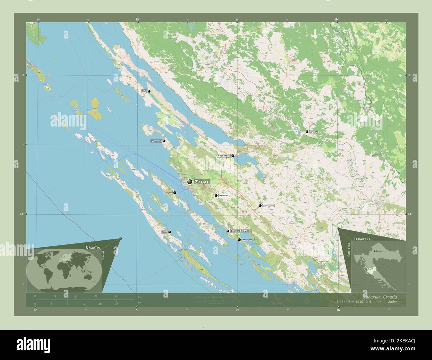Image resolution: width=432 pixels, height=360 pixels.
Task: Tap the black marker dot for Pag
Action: pyautogui.click(x=149, y=91)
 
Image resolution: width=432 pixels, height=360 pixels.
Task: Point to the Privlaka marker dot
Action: pyautogui.click(x=164, y=141)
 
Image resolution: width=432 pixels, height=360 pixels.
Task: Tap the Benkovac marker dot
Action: pyautogui.click(x=260, y=206)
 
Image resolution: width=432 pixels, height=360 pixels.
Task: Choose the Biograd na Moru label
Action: pyautogui.click(x=241, y=231)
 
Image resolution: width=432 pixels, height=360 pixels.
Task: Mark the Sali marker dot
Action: pyautogui.click(x=170, y=232)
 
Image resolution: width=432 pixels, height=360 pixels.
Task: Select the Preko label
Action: pyautogui.click(x=168, y=193)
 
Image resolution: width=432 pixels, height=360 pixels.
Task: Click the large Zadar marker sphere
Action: pyautogui.click(x=190, y=182)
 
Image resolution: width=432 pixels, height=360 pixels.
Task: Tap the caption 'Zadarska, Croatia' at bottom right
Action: pyautogui.click(x=380, y=296)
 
